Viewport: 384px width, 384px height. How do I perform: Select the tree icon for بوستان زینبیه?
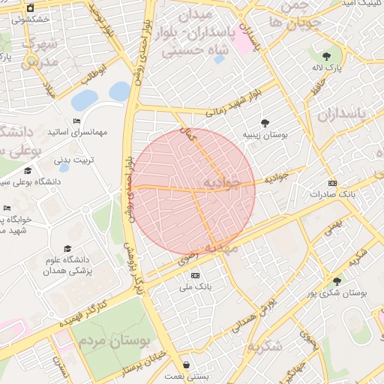[x=265, y=123]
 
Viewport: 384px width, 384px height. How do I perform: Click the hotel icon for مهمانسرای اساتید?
[x=77, y=121]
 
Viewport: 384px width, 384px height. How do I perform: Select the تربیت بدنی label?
[x=71, y=160]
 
